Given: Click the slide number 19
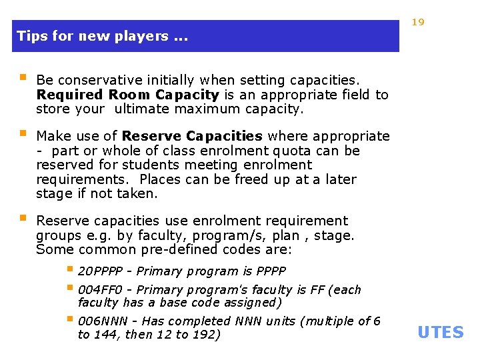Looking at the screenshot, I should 418,22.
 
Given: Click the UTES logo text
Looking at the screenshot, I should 440,332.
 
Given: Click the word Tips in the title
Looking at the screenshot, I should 29,36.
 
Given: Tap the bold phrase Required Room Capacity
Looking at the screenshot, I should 127,95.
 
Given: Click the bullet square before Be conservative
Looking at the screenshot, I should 22,77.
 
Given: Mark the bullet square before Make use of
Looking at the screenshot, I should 22,133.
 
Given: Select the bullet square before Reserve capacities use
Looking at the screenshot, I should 22,218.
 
